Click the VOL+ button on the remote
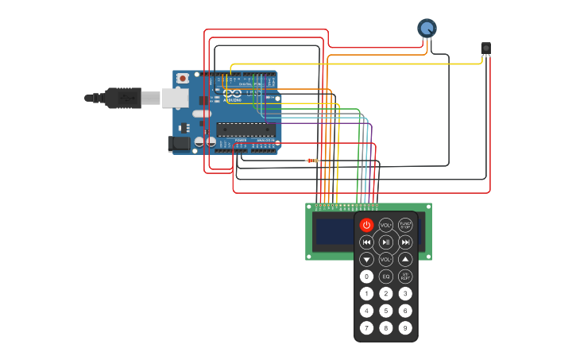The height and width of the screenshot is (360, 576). click(x=385, y=225)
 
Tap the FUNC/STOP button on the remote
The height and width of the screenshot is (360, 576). click(x=405, y=225)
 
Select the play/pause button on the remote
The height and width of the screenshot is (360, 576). click(x=385, y=242)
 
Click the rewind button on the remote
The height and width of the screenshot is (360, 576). click(x=366, y=242)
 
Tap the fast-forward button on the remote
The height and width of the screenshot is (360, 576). click(x=405, y=242)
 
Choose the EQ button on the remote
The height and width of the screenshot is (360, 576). click(x=385, y=277)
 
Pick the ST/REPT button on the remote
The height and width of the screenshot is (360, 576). click(x=405, y=277)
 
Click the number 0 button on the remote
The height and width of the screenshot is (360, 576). click(x=366, y=277)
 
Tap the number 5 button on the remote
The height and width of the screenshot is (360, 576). click(x=385, y=311)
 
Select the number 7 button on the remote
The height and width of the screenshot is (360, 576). click(x=366, y=327)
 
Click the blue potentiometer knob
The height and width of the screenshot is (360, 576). click(x=427, y=29)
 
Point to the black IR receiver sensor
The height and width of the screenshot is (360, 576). click(x=485, y=48)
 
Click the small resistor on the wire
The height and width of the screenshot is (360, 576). click(x=312, y=161)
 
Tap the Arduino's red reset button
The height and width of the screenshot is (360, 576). click(x=183, y=78)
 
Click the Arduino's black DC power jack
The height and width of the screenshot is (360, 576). click(x=180, y=143)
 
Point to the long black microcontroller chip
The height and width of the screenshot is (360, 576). click(x=245, y=130)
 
